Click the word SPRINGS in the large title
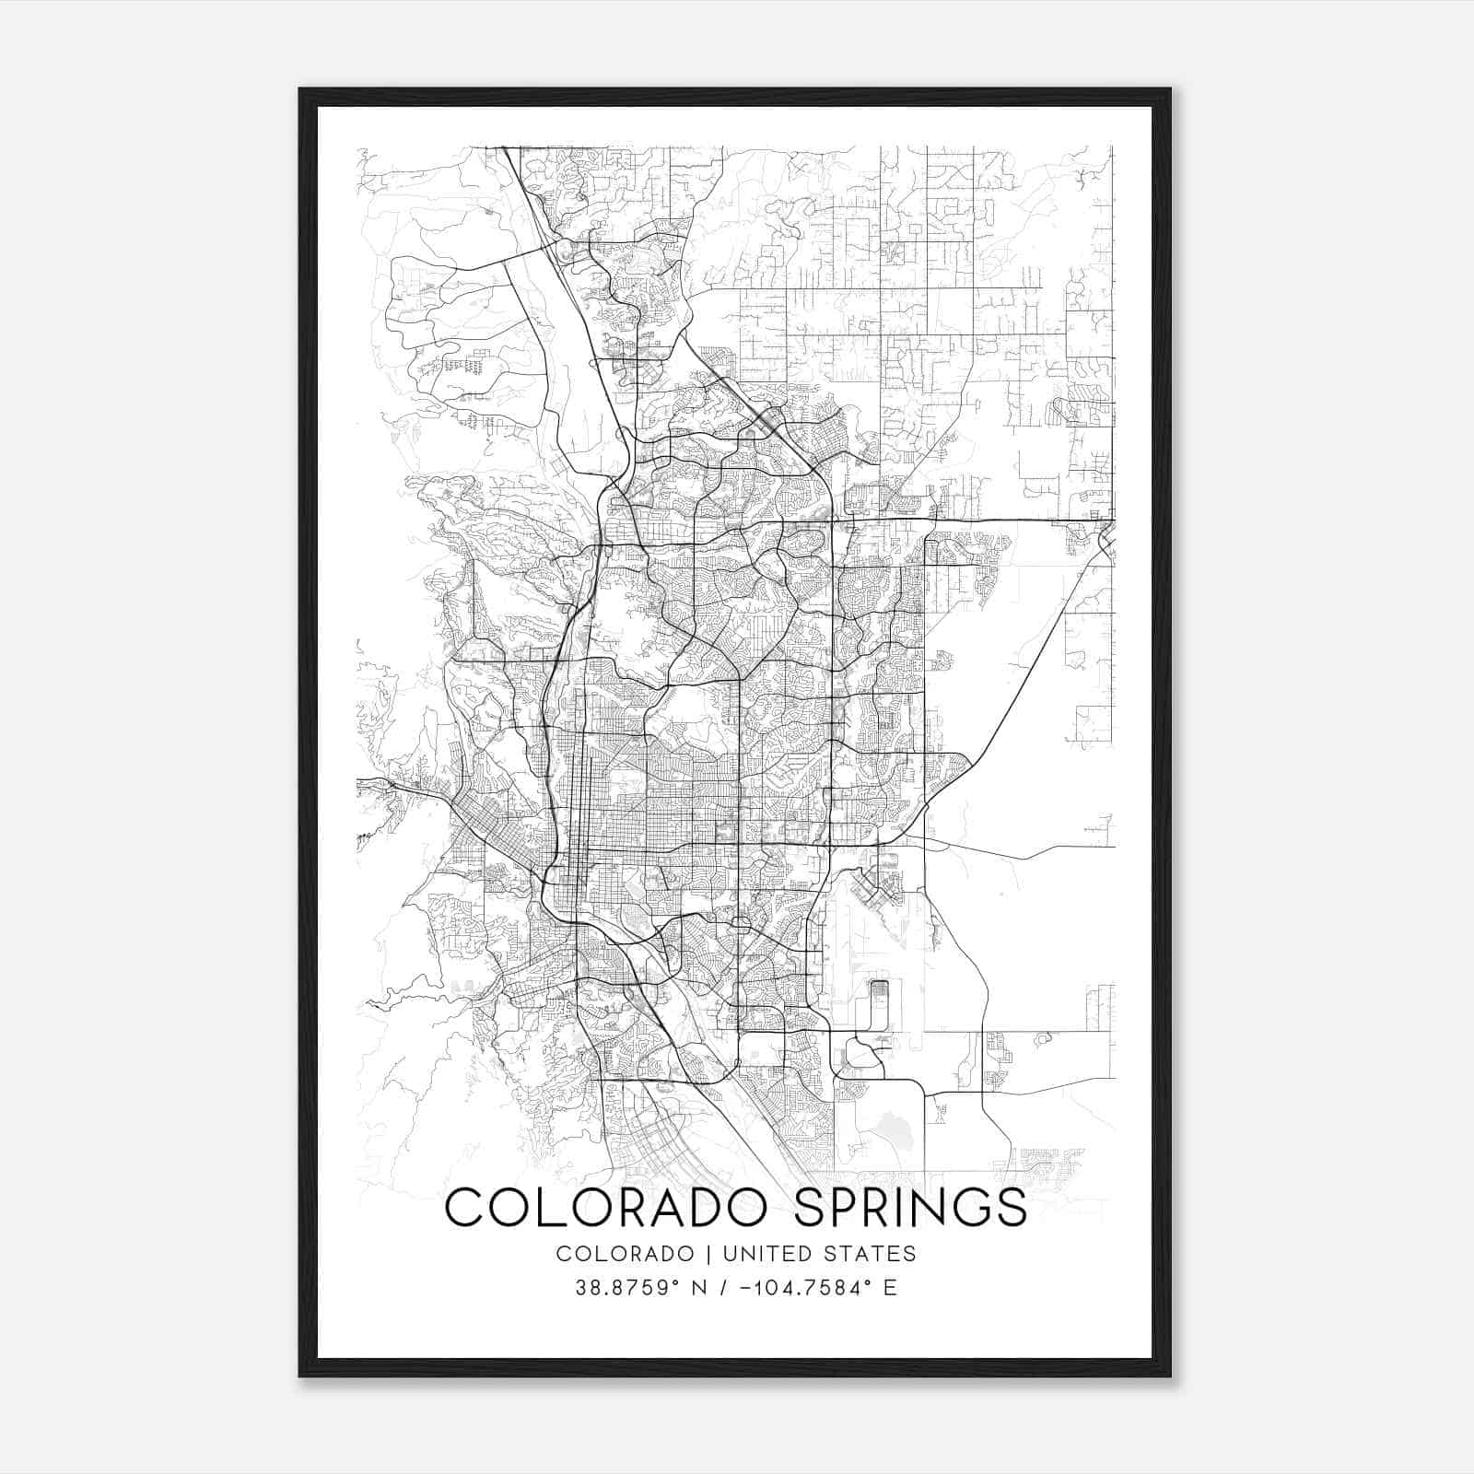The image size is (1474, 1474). point(909,1208)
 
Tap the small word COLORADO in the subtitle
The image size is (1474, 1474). point(626,1253)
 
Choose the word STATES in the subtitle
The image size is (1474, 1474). point(875,1253)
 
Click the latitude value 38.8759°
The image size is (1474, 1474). point(626,1288)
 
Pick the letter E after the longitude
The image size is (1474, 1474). point(890,1288)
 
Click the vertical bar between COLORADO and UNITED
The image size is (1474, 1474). point(709,1253)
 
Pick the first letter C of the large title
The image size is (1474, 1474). point(466,1208)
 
